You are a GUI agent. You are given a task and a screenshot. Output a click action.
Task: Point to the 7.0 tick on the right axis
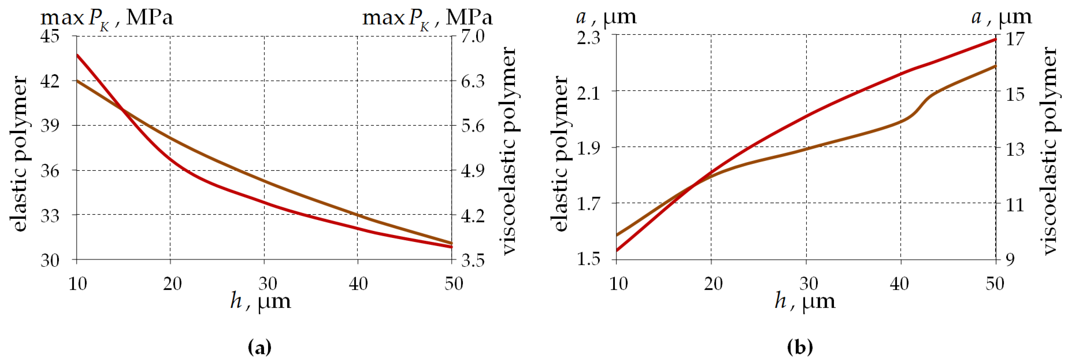473,37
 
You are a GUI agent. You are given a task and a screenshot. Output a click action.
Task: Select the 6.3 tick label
473,81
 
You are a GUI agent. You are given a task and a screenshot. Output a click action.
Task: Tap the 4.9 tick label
473,170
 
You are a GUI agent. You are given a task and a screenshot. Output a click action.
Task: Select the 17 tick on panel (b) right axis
1015,39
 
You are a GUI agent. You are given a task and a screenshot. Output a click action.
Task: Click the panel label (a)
260,347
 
